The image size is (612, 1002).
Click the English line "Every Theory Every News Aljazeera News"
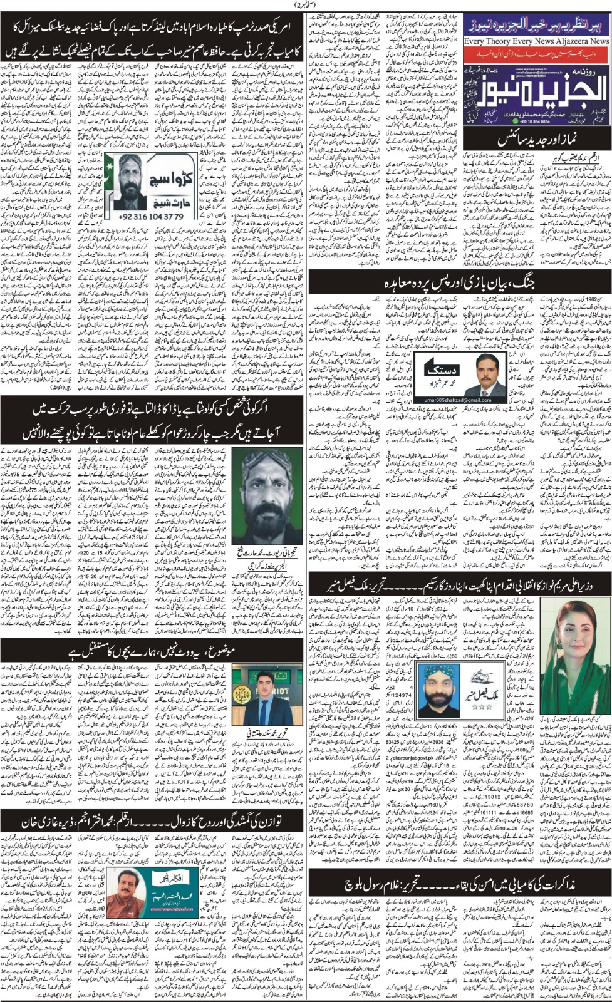(537, 41)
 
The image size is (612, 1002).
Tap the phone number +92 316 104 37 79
(152, 216)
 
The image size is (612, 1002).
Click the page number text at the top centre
(306, 6)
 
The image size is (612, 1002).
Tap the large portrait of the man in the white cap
(267, 495)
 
